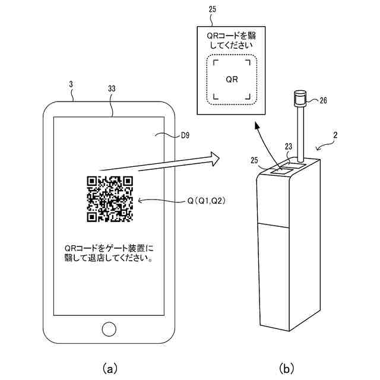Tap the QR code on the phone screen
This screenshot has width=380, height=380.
(110, 199)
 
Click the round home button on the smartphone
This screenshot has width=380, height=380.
(109, 328)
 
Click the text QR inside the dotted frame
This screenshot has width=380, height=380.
(233, 79)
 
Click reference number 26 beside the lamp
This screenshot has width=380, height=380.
(323, 100)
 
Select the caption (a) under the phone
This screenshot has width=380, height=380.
(109, 369)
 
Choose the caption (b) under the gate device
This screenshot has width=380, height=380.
(288, 369)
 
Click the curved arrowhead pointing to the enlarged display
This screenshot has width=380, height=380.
(256, 126)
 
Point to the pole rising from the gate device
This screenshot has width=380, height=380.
(300, 134)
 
